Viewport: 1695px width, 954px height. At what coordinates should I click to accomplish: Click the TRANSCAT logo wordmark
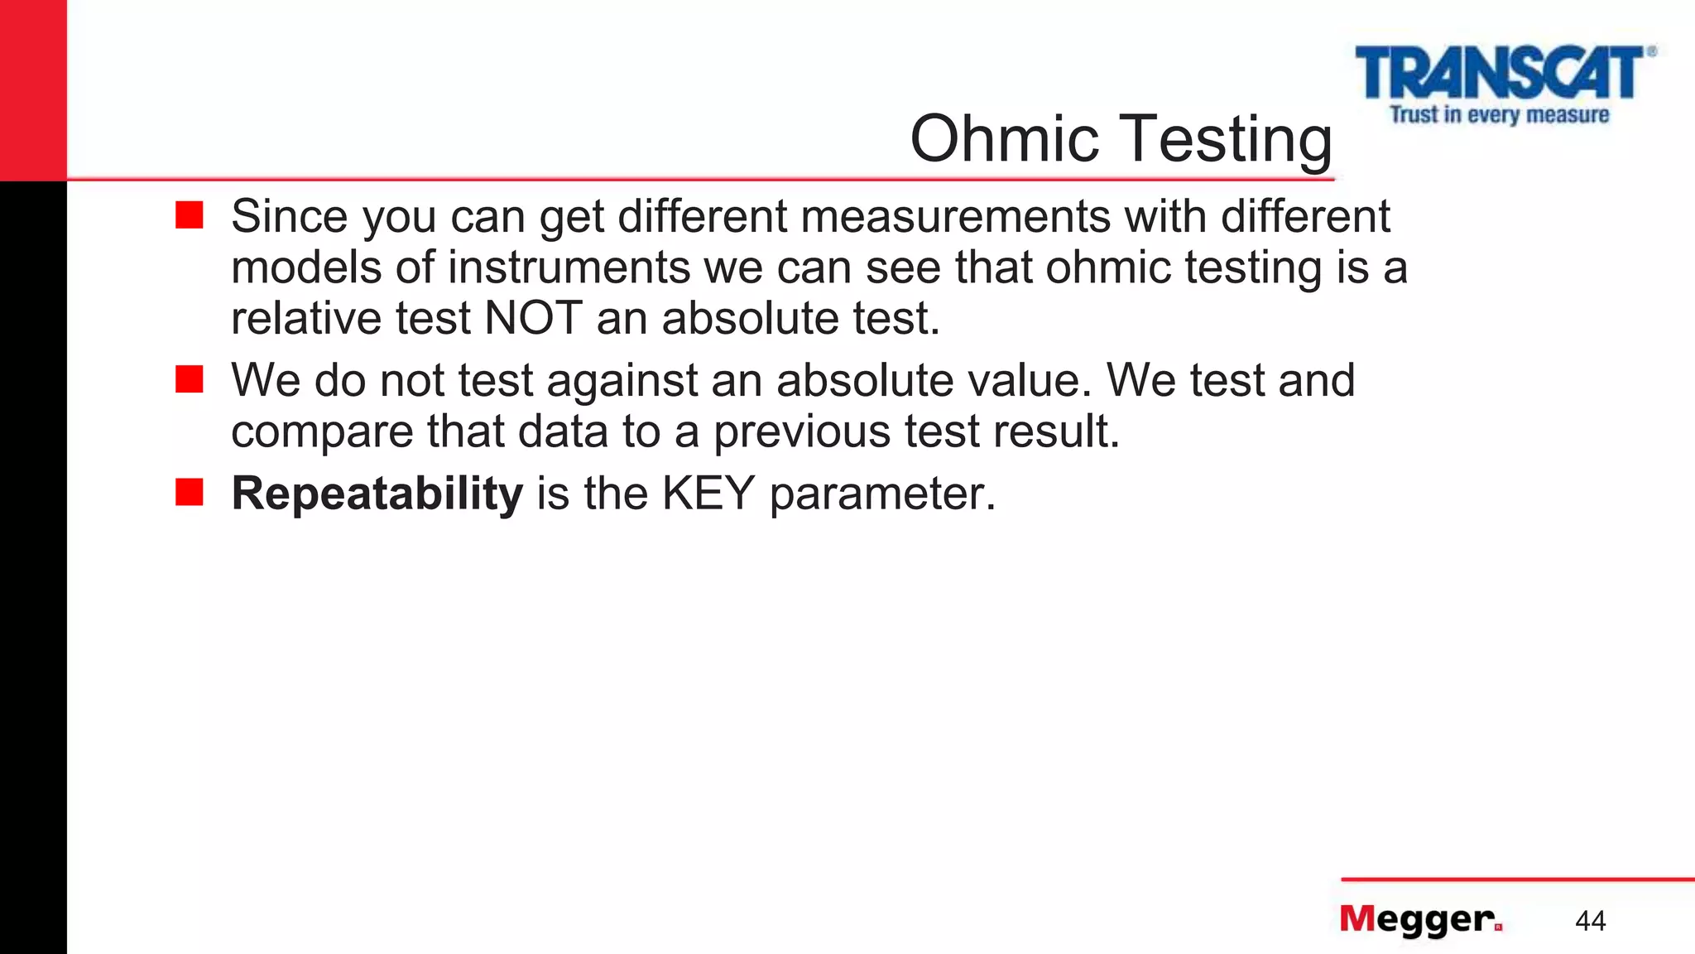click(x=1499, y=73)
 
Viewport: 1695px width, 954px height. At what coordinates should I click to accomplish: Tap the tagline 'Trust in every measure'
click(x=1499, y=114)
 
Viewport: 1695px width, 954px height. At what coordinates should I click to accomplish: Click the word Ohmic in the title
click(x=1004, y=138)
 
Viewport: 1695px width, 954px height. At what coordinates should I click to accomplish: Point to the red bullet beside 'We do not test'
click(x=190, y=379)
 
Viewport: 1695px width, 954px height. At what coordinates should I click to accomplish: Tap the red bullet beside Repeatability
click(x=190, y=492)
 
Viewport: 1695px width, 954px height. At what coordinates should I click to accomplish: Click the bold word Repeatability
click(x=377, y=494)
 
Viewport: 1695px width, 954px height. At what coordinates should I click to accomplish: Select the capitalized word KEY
click(x=708, y=494)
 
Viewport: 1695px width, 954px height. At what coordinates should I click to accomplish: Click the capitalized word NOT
click(x=533, y=318)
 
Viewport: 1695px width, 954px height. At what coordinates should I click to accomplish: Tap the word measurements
click(x=955, y=216)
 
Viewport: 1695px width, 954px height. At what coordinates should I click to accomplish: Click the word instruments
click(x=569, y=267)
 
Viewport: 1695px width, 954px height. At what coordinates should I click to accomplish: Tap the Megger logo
click(x=1420, y=919)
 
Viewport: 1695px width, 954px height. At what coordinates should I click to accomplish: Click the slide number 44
click(x=1590, y=921)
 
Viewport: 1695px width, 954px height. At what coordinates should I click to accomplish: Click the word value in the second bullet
click(x=1023, y=380)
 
